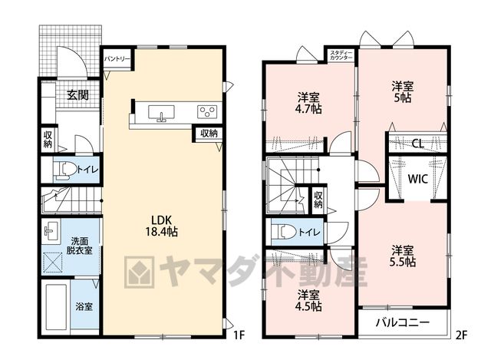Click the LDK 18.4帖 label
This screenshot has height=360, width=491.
point(162,226)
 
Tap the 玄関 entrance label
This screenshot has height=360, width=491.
point(77,94)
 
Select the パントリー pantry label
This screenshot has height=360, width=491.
point(117,58)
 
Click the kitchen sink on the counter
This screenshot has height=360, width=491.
point(161,113)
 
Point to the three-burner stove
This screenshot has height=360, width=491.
point(207,111)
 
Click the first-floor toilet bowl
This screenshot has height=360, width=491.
point(65,170)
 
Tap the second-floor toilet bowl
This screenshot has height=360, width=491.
point(284,232)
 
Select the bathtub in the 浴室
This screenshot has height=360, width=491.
point(56,307)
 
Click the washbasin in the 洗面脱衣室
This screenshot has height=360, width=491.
point(51,230)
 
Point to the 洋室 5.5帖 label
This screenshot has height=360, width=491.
point(403,256)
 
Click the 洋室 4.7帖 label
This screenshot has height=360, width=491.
point(309,103)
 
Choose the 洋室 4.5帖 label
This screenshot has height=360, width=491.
point(309,300)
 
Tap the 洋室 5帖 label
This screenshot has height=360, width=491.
point(403,92)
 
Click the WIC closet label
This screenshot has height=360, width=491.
point(417,179)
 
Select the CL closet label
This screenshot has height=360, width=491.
point(417,144)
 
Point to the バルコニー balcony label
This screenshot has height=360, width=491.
point(403,322)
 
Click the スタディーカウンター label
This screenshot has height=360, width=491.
point(341,55)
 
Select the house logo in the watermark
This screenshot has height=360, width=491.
point(139,272)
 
